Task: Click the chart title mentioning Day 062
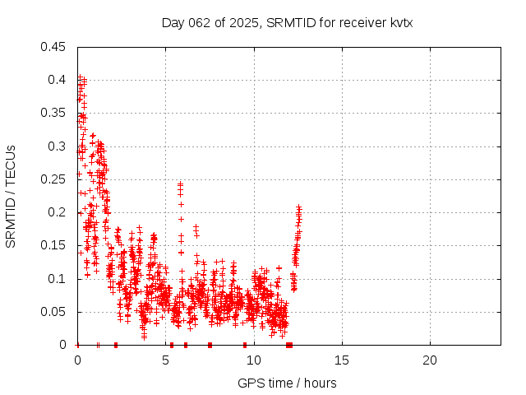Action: pyautogui.click(x=287, y=23)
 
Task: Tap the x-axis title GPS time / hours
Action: pyautogui.click(x=287, y=383)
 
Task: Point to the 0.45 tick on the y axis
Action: pyautogui.click(x=55, y=47)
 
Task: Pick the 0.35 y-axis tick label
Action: pyautogui.click(x=55, y=113)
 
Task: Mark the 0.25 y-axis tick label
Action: pyautogui.click(x=55, y=179)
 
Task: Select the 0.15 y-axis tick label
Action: pyautogui.click(x=55, y=245)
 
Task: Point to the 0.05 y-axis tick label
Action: pyautogui.click(x=55, y=312)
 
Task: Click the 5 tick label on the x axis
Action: pyautogui.click(x=165, y=360)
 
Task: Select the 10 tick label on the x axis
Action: pyautogui.click(x=253, y=360)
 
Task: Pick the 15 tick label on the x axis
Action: pyautogui.click(x=341, y=360)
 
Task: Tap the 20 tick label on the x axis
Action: pyautogui.click(x=429, y=360)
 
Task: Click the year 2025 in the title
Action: pyautogui.click(x=245, y=23)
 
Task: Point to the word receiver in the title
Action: pyautogui.click(x=358, y=23)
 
